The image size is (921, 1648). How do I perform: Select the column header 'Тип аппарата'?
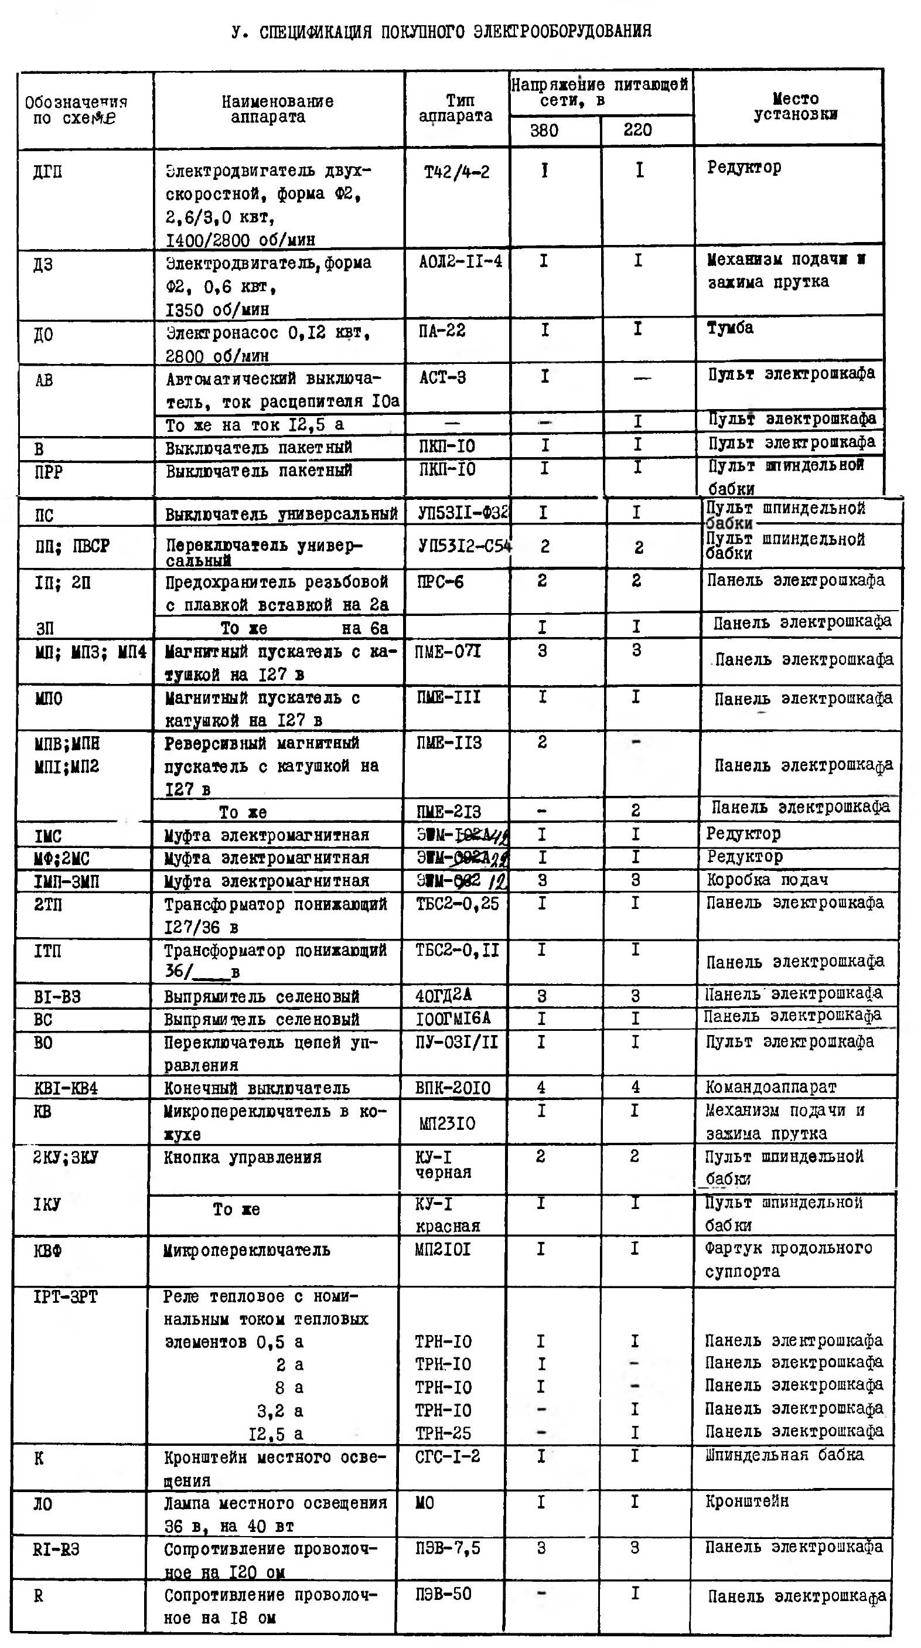(x=456, y=108)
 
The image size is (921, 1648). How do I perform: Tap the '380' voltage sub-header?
(x=544, y=131)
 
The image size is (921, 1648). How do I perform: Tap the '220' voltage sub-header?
(x=637, y=130)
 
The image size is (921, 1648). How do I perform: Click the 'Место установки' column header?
(x=795, y=106)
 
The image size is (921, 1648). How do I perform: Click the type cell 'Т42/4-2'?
(x=456, y=172)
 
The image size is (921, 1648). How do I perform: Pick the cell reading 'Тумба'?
(x=730, y=328)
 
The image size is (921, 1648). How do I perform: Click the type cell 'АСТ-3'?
(x=442, y=377)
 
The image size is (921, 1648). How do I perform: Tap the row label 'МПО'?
(x=49, y=698)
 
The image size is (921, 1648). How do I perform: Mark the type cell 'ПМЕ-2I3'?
(x=448, y=812)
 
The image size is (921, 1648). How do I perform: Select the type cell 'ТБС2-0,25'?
(x=456, y=903)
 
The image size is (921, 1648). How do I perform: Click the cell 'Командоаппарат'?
(x=770, y=1087)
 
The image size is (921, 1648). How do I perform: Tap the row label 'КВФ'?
(x=47, y=1250)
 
